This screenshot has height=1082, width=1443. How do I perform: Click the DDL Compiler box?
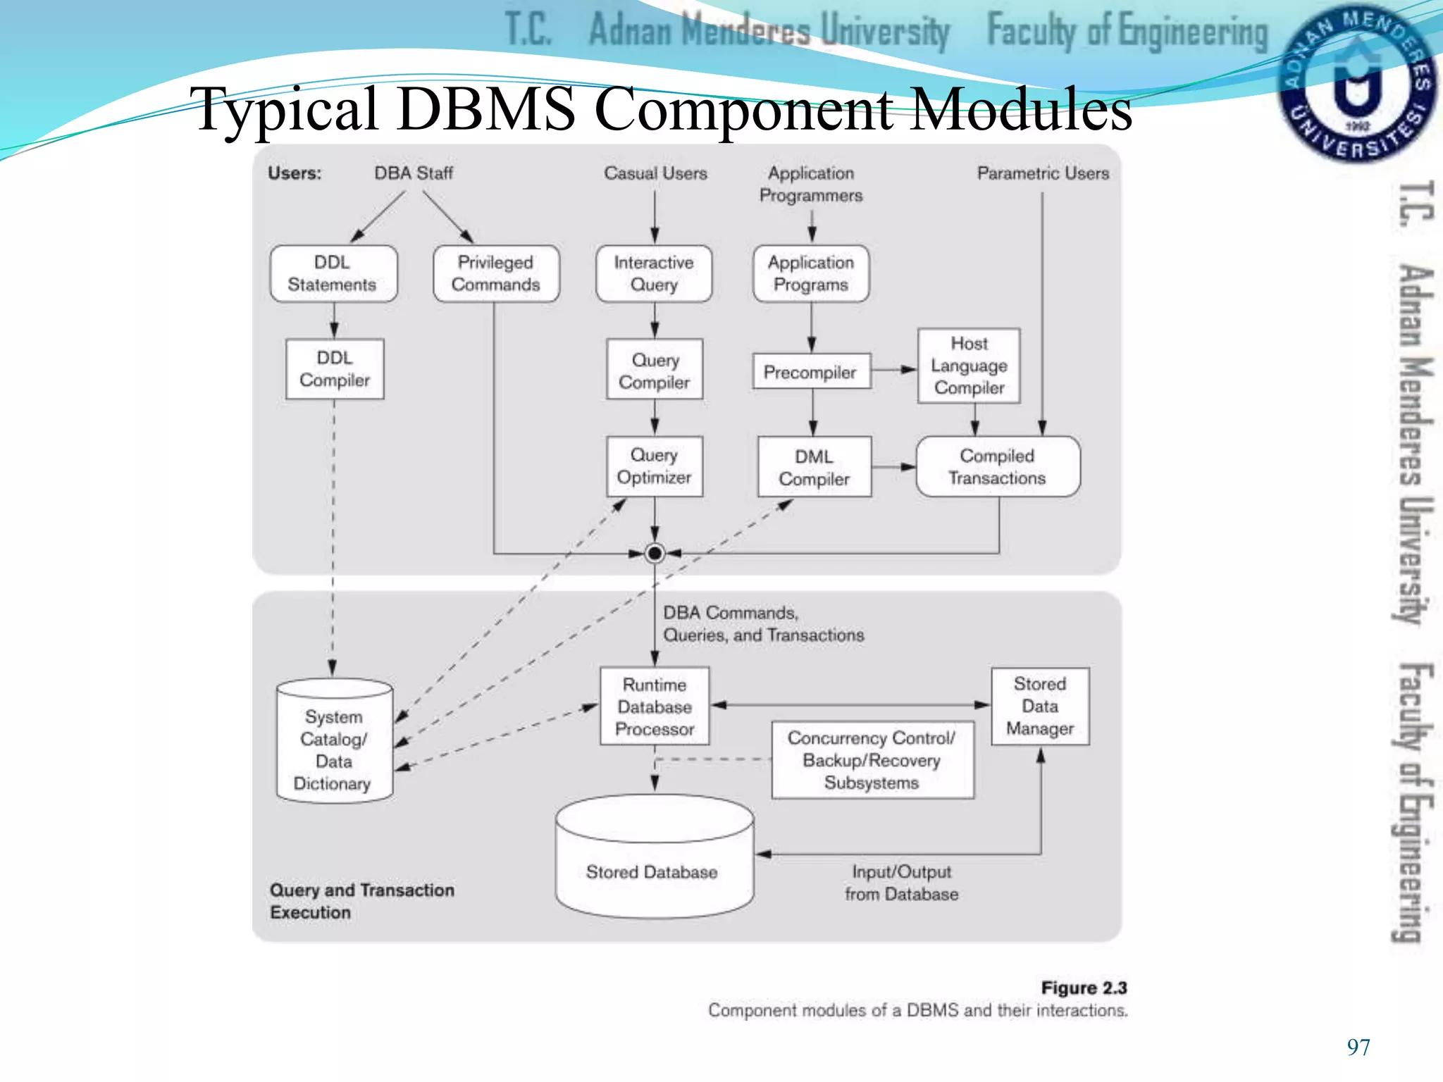(335, 369)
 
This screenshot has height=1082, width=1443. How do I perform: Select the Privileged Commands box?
(496, 273)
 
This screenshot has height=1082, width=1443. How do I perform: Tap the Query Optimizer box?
(655, 466)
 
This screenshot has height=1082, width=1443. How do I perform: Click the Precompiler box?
(811, 371)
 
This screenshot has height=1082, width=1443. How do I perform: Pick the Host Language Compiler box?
(969, 366)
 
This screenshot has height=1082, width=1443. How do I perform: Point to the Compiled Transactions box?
(997, 466)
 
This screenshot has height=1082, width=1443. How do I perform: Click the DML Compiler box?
(814, 467)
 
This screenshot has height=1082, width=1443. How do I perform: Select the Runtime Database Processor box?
(655, 707)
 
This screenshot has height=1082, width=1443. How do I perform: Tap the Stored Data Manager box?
(1040, 706)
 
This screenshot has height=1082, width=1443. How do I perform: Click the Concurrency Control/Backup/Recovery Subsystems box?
(872, 760)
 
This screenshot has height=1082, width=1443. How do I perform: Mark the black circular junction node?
(655, 554)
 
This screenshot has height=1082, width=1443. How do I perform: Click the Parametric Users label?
(1043, 173)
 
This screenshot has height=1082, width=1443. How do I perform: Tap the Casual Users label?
(655, 173)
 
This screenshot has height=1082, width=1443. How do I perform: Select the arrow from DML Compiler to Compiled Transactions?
(893, 467)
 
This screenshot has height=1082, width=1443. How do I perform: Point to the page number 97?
(1358, 1047)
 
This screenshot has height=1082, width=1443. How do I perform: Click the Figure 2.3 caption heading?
(1084, 988)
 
